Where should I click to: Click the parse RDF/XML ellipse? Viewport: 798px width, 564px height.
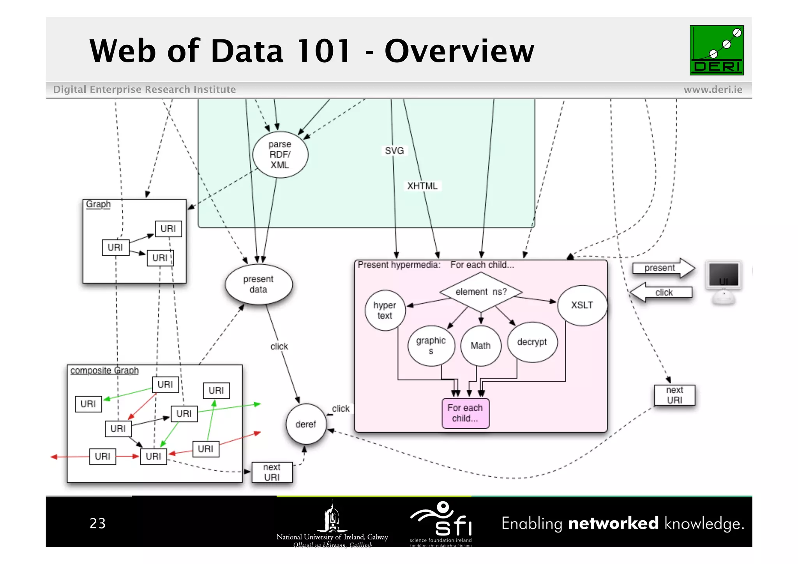(280, 155)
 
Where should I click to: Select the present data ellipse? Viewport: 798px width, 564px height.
(258, 284)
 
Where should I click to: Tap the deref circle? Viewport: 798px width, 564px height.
(306, 424)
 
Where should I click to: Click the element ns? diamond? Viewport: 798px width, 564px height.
(481, 292)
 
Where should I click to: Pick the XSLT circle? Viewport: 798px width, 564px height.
(582, 305)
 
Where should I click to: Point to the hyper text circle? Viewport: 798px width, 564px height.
(385, 310)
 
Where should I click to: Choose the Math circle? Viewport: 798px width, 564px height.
(480, 346)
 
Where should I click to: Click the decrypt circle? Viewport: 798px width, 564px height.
(532, 342)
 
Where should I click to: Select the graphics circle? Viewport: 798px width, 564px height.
(431, 345)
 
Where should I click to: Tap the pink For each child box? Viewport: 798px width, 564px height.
(465, 413)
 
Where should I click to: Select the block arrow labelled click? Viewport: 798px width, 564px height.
(662, 292)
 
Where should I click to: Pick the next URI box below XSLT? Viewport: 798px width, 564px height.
(674, 395)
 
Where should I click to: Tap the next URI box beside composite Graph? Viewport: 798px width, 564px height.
(272, 472)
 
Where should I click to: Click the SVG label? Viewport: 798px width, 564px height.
(394, 151)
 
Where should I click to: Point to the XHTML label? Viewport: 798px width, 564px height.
(422, 186)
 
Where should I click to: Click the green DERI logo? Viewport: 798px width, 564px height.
(716, 50)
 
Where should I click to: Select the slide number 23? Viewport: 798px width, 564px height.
(97, 523)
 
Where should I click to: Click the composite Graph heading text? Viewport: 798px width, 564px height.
(104, 370)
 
